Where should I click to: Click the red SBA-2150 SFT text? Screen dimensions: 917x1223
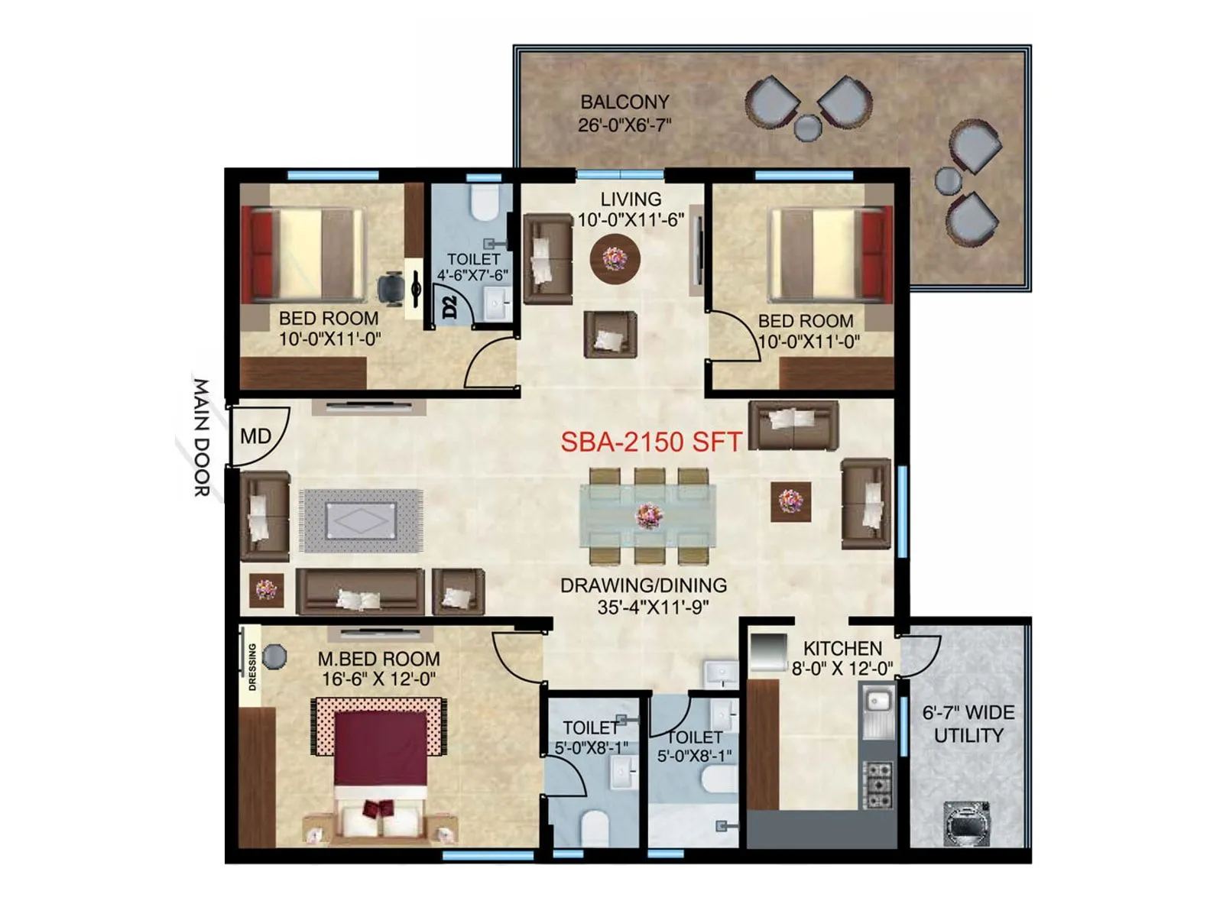[x=651, y=442]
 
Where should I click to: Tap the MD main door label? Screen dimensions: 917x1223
[x=255, y=436]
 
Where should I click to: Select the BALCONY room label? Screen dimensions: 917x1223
[x=624, y=102]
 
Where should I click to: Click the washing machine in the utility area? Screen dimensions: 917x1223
[x=966, y=823]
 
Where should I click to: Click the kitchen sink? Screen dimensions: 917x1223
[x=878, y=700]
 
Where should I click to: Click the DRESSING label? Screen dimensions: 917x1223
[x=252, y=667]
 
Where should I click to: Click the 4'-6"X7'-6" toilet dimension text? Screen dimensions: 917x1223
[x=472, y=275]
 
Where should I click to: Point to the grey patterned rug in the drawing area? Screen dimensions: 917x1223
[x=362, y=520]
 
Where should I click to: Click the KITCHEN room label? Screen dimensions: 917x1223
[x=842, y=648]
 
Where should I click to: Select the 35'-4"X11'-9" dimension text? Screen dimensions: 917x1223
[x=653, y=608]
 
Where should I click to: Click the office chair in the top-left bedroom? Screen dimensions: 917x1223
[x=392, y=288]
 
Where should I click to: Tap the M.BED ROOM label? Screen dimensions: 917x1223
[x=378, y=659]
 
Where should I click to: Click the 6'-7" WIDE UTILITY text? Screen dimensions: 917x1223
[x=968, y=724]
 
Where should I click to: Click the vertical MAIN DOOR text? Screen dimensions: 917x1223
[x=200, y=438]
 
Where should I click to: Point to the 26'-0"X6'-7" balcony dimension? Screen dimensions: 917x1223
[x=624, y=125]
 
